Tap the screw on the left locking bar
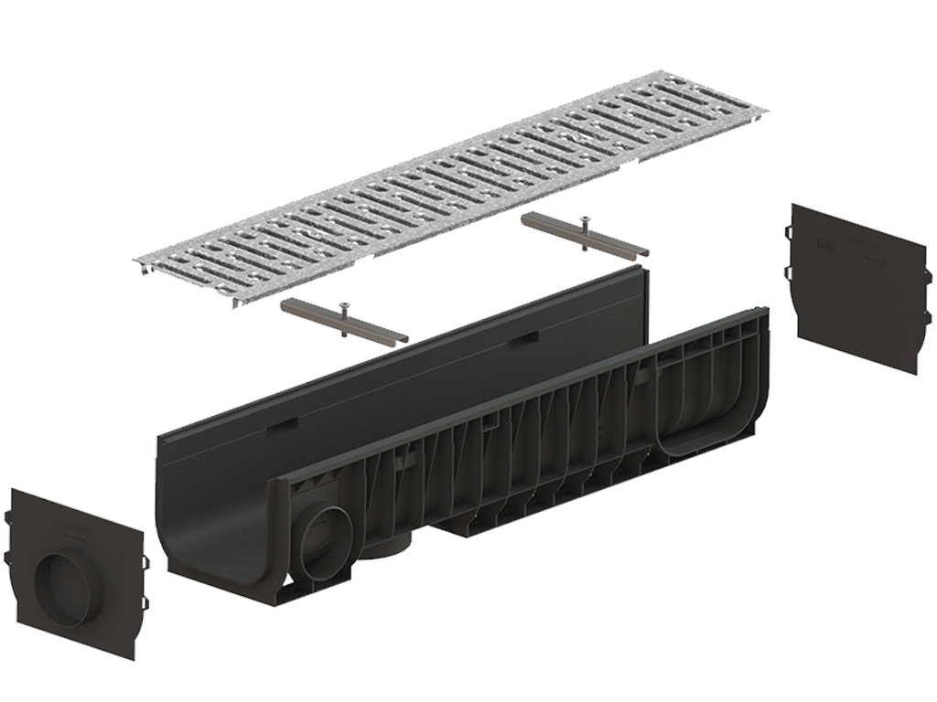pyautogui.click(x=344, y=308)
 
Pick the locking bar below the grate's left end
pyautogui.click(x=343, y=322)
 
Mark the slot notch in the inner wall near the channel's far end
pyautogui.click(x=523, y=338)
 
